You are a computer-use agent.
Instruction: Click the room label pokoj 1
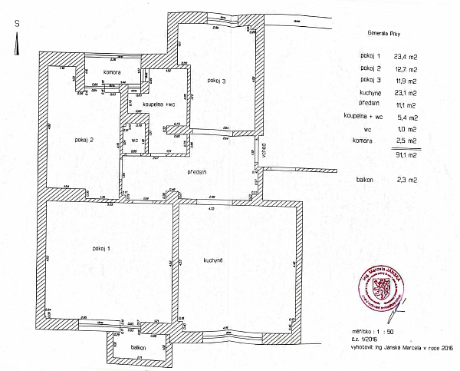(x=99, y=248)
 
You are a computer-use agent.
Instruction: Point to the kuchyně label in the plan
(x=213, y=261)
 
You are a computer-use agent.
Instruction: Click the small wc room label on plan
(x=134, y=141)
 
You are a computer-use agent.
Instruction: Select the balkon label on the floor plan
(x=138, y=346)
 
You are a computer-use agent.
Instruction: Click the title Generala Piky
(x=383, y=35)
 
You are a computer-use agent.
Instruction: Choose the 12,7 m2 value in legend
(x=406, y=69)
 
